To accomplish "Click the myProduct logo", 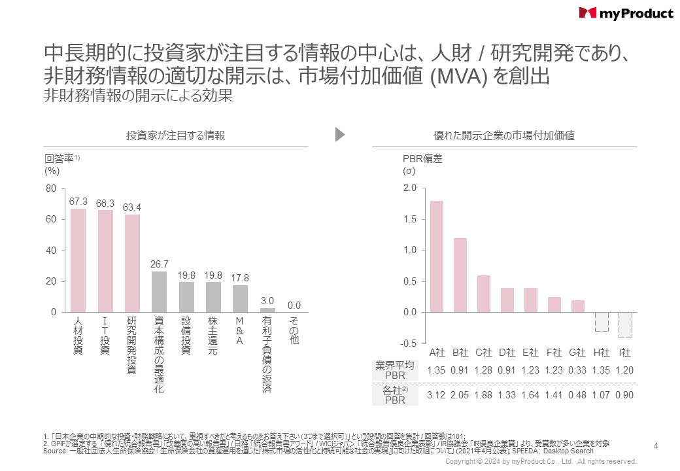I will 626,13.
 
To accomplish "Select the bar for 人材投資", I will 78,260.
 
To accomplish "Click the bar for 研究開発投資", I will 133,263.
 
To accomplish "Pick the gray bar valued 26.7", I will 160,292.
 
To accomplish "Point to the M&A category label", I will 240,332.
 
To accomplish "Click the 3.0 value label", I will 267,300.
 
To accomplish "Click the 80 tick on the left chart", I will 50,188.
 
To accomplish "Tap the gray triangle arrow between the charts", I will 339,135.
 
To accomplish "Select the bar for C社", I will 483,294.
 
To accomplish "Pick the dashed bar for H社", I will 602,322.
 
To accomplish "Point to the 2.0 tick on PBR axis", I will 410,188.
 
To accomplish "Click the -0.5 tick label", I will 409,344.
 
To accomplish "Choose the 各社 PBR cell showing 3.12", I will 437,394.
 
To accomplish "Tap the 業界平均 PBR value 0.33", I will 578,370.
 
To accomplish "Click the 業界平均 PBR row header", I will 396,370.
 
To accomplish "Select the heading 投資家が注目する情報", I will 176,135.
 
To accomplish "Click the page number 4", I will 656,445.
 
